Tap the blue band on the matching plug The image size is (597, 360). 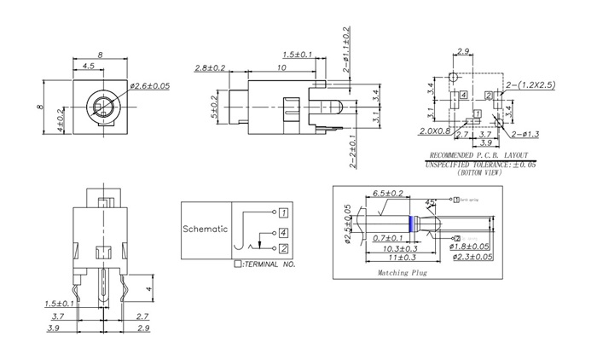[x=413, y=224]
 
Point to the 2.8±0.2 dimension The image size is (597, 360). [x=210, y=67]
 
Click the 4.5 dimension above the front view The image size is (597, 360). [x=88, y=66]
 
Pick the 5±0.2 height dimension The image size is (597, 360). [x=215, y=107]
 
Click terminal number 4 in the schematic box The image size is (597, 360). [x=283, y=232]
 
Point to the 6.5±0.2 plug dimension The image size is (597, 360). [x=388, y=195]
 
